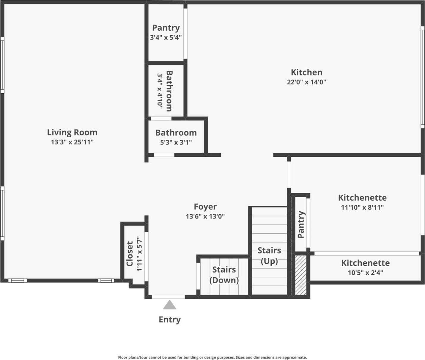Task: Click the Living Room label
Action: click(72, 132)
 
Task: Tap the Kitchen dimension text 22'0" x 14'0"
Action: click(306, 82)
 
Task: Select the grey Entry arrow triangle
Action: click(169, 305)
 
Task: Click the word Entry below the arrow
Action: click(169, 320)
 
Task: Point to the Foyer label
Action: click(205, 207)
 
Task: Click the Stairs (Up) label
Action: click(269, 256)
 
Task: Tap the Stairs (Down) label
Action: click(224, 275)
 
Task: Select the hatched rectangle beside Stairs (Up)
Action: click(300, 275)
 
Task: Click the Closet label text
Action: click(130, 254)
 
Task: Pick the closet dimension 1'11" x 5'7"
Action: click(139, 254)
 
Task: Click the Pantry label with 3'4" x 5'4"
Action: click(166, 28)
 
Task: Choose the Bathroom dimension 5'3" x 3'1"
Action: click(176, 142)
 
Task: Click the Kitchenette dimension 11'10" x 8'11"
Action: click(362, 207)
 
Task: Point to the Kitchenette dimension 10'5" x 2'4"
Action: click(365, 273)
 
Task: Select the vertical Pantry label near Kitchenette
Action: click(301, 224)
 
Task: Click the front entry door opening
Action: click(168, 297)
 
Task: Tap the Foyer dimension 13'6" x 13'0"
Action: click(205, 216)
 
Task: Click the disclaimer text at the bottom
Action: click(212, 357)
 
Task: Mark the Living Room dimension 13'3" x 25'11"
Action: click(72, 142)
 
